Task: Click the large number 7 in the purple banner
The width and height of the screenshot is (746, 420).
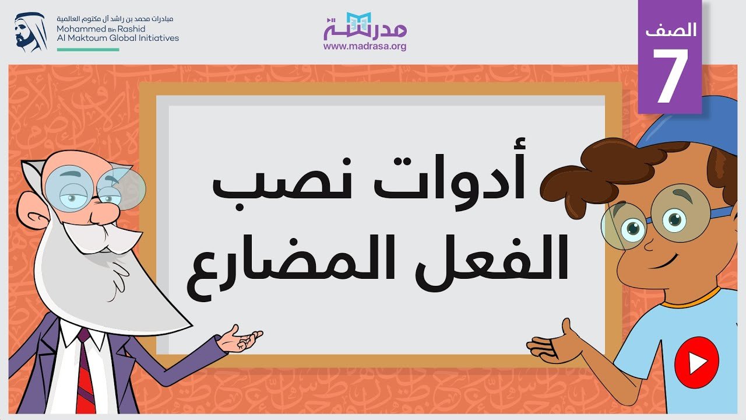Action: (670, 75)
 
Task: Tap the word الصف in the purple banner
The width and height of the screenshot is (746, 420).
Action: (671, 30)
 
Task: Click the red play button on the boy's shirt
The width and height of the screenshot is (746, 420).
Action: (696, 362)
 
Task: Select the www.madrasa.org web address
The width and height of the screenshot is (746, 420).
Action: (365, 46)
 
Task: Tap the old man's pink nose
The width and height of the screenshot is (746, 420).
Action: (104, 212)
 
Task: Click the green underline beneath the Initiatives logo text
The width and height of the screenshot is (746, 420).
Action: (88, 50)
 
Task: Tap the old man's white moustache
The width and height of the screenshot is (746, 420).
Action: (103, 237)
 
